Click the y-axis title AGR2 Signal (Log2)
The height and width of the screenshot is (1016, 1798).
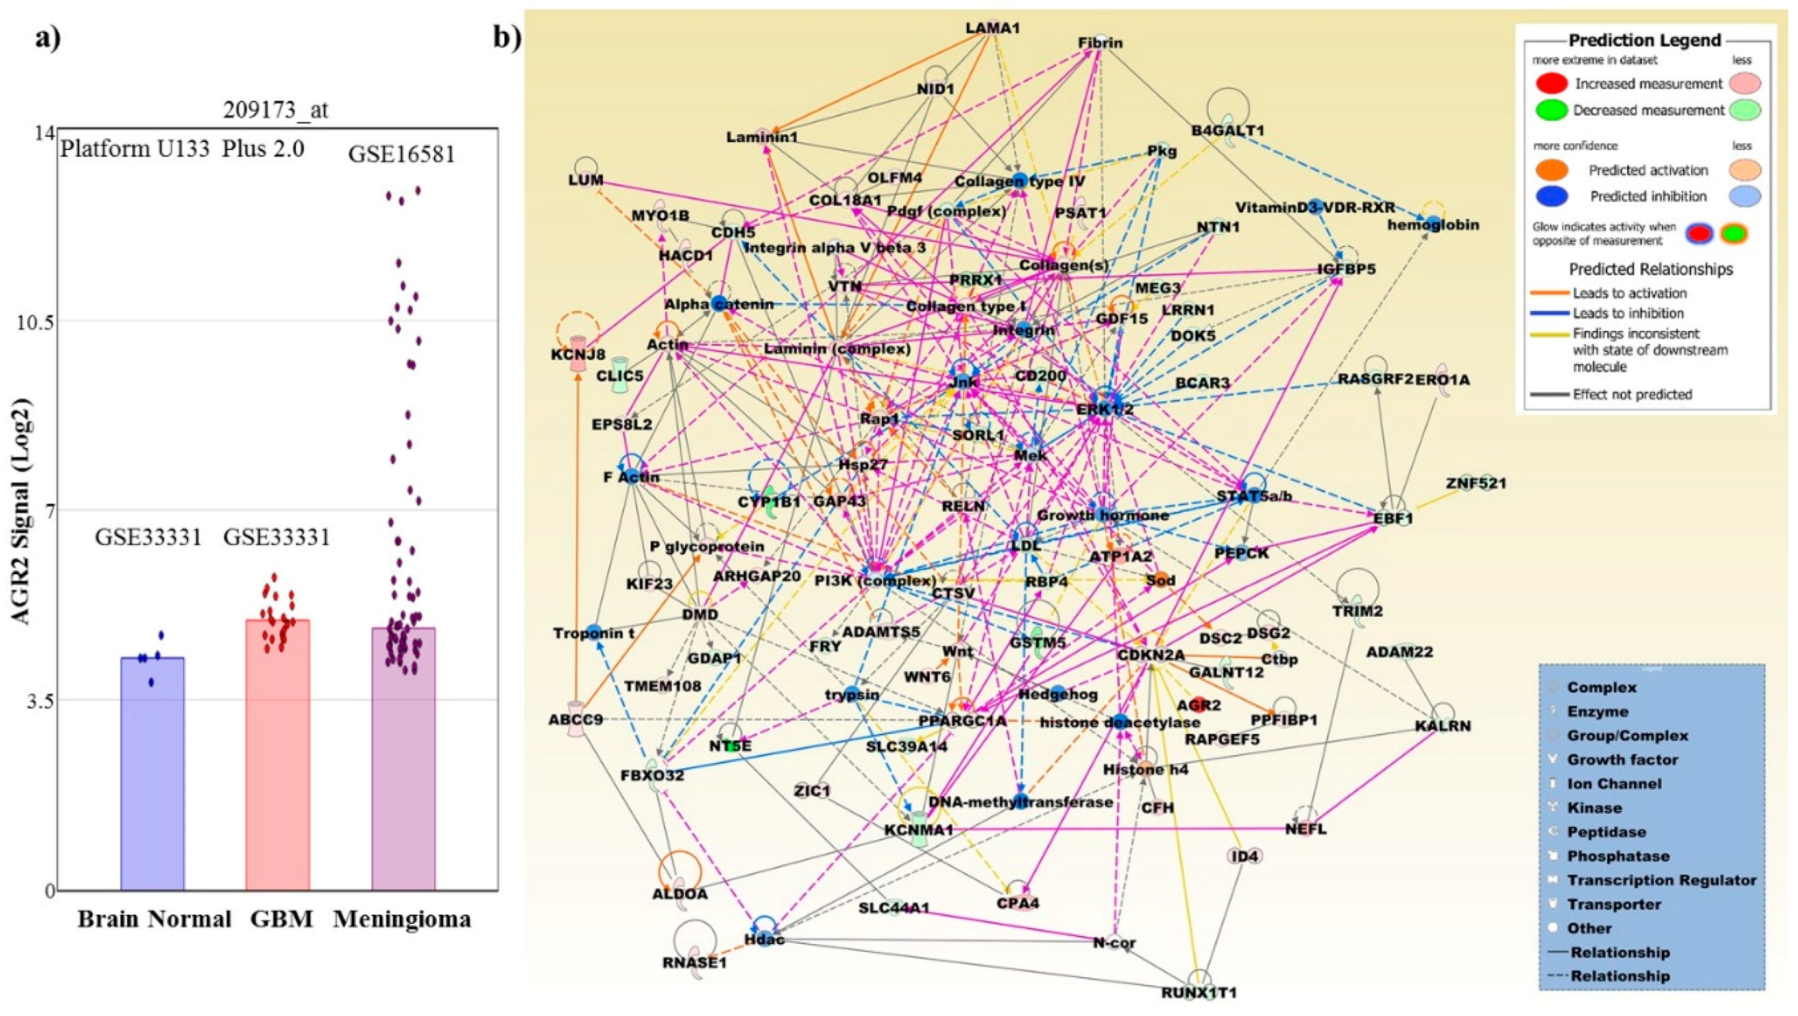point(23,511)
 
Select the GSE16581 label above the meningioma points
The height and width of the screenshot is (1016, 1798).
point(402,154)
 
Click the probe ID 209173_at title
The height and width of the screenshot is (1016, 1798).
point(275,110)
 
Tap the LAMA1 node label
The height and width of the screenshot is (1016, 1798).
point(993,29)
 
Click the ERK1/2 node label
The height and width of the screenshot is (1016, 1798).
point(1104,409)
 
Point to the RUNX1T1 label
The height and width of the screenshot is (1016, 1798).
point(1198,991)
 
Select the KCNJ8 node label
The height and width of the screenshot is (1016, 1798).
point(577,355)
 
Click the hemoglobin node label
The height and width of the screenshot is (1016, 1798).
point(1423,225)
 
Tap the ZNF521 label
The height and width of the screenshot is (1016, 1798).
point(1476,483)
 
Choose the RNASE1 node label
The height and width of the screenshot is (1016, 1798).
point(694,963)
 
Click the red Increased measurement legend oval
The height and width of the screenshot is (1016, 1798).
point(1551,84)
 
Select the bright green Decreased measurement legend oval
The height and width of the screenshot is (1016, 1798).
point(1551,110)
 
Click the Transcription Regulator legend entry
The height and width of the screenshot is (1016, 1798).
point(1661,880)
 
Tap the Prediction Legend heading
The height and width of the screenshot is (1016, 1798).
point(1644,40)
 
